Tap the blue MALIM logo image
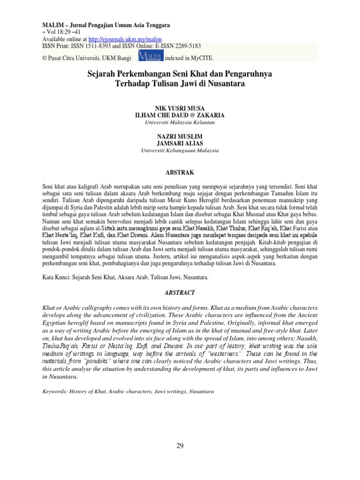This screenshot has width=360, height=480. point(150,56)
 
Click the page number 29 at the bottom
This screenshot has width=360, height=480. point(180,446)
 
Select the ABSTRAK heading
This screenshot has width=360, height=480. point(180,172)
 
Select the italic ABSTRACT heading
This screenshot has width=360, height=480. point(180,292)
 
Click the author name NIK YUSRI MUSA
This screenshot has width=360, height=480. point(180,108)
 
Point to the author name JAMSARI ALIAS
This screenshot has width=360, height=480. point(180,143)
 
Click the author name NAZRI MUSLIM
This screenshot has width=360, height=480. point(180,136)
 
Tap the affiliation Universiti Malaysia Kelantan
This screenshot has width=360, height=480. point(180,122)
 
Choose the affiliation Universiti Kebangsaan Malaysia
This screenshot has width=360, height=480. point(180,151)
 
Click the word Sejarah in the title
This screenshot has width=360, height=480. point(102,74)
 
